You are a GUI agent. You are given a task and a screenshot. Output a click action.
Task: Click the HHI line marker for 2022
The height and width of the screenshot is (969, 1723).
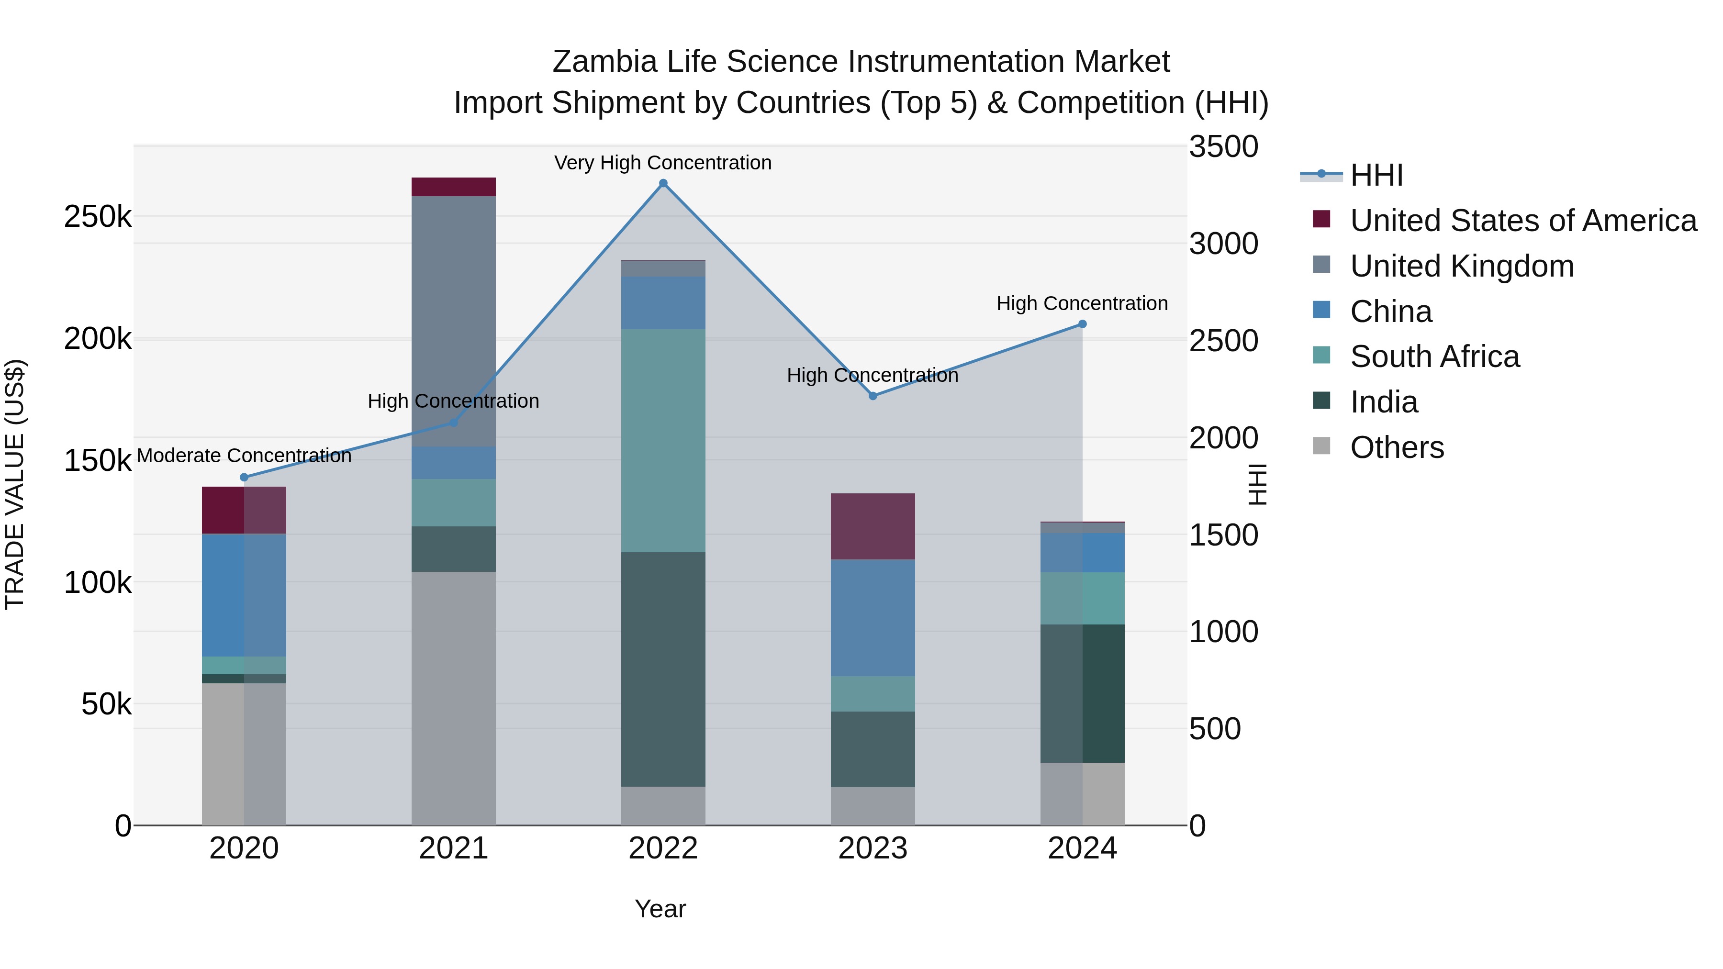tap(663, 183)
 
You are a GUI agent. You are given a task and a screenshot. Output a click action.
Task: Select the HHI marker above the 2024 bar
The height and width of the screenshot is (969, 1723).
tap(1082, 324)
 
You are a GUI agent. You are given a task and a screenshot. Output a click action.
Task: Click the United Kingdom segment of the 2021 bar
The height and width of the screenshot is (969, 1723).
tap(454, 321)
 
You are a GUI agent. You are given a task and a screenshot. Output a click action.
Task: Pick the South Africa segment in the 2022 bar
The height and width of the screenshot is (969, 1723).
tap(663, 440)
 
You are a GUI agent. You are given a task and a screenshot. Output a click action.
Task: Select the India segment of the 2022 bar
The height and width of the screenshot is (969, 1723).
tap(663, 669)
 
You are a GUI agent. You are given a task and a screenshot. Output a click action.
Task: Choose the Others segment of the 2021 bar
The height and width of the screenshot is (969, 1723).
tap(454, 698)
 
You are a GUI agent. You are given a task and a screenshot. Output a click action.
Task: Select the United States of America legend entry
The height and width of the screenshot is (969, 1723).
tap(1523, 221)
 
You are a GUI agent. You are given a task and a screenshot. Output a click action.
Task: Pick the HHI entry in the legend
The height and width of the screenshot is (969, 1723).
tap(1376, 175)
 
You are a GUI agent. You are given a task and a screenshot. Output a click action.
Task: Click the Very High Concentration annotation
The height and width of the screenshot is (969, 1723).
tap(663, 163)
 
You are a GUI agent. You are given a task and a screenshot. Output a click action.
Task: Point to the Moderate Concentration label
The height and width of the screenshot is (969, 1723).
tap(244, 456)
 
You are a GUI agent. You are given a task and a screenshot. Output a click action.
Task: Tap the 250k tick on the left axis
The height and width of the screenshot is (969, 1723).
tap(98, 217)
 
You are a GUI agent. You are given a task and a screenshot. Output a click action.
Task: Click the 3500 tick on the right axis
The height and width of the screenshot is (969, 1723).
tap(1223, 147)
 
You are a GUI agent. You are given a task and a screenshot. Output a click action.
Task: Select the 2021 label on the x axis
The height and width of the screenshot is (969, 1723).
tap(454, 848)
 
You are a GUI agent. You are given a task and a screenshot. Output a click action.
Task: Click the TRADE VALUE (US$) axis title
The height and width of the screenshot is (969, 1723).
tap(15, 484)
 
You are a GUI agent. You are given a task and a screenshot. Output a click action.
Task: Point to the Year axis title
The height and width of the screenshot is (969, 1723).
tap(660, 909)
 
